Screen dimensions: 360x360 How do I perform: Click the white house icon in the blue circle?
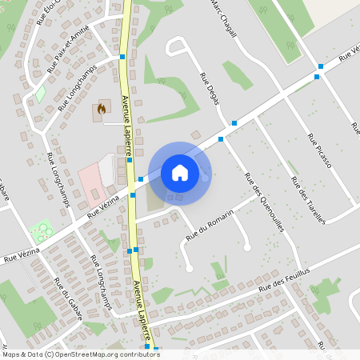(179, 172)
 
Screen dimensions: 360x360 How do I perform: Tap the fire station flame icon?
(101, 108)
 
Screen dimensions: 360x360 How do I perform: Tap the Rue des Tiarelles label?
(308, 201)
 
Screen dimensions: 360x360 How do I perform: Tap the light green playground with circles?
(41, 232)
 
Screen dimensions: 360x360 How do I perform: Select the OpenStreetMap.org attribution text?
(103, 354)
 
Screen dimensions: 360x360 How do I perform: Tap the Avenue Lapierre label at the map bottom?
(143, 312)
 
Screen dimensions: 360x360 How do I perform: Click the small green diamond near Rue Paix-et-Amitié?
(39, 94)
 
